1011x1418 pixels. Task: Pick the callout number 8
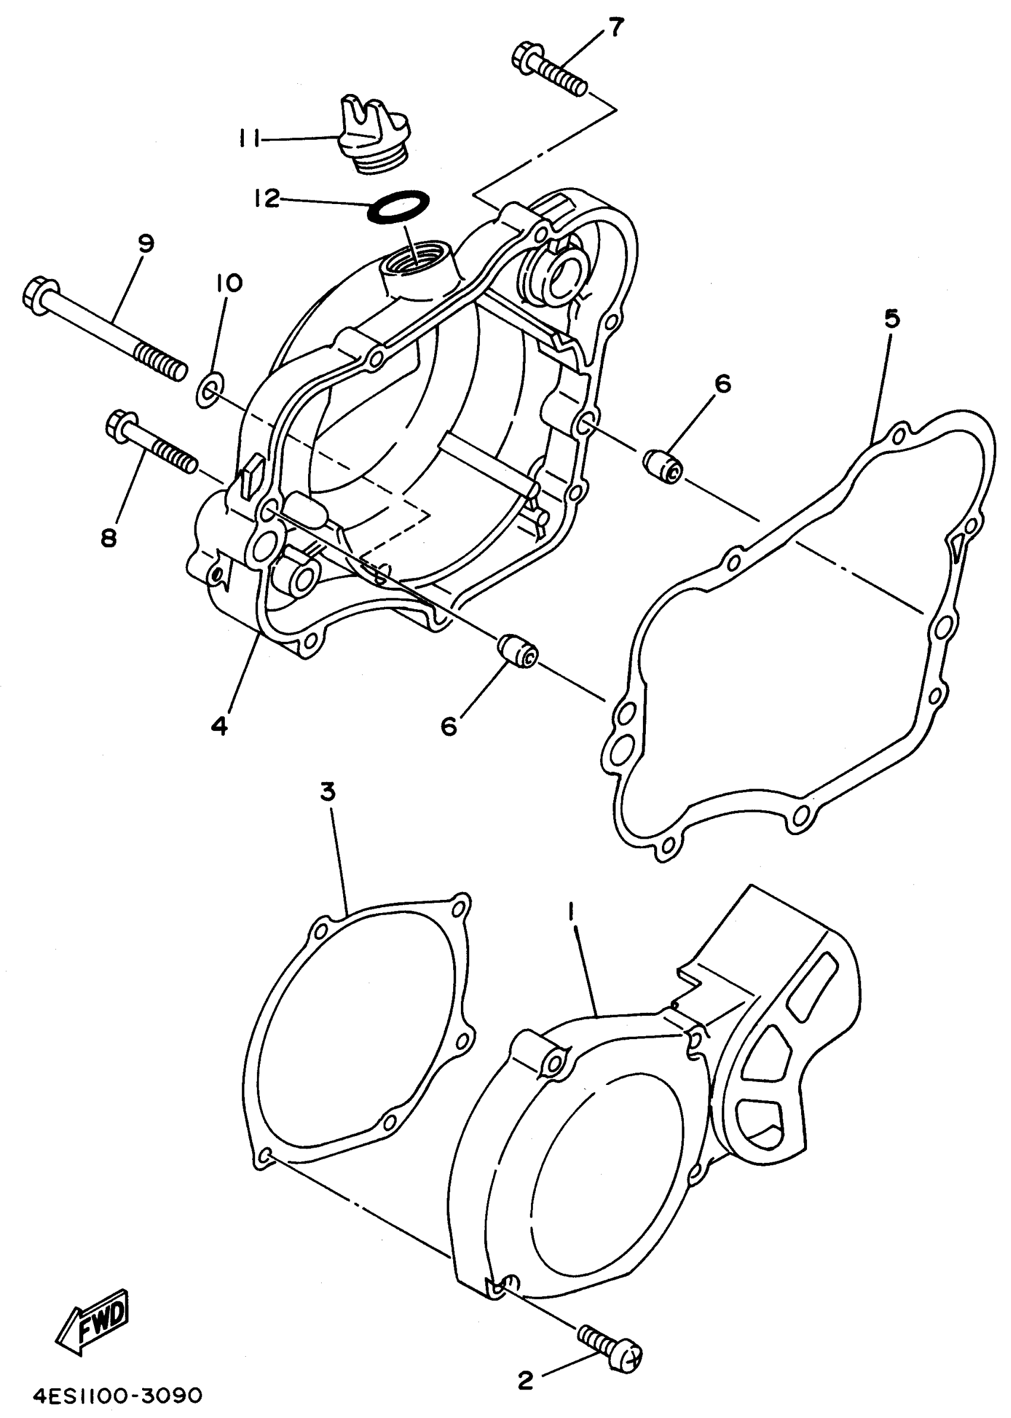pos(109,537)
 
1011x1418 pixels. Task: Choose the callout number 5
pos(891,319)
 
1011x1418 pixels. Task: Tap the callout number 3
pos(328,792)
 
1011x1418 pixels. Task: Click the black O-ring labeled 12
pos(399,206)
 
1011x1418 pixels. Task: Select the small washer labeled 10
pos(208,390)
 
